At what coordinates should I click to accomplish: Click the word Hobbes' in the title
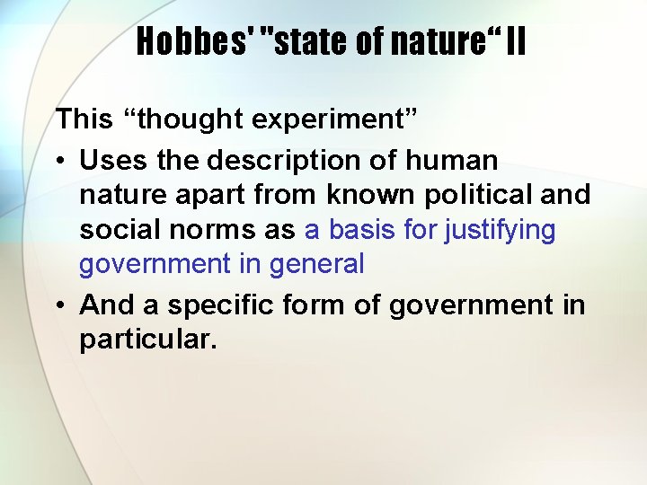coord(191,41)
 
